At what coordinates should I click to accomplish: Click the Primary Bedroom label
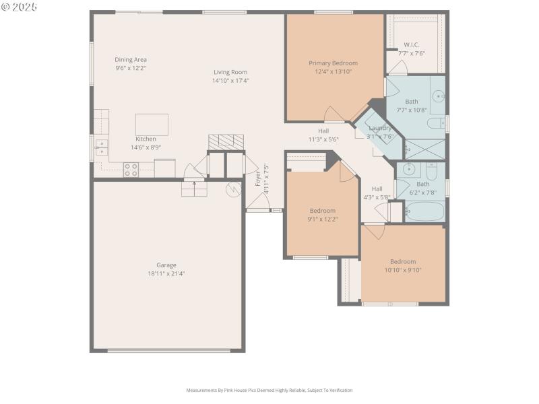tap(333, 63)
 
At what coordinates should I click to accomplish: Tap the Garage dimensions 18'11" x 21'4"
tap(166, 274)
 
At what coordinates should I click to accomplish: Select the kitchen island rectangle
tap(152, 125)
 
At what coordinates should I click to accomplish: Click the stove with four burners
tap(131, 170)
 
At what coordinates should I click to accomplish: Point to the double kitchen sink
tap(101, 147)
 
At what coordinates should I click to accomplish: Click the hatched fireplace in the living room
tap(226, 141)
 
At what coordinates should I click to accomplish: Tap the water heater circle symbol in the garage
tap(233, 190)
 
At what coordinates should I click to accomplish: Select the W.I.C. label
tap(412, 45)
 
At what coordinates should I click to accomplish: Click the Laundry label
tap(380, 128)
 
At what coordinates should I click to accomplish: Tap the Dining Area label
tap(131, 59)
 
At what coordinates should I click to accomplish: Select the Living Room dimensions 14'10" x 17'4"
tap(230, 81)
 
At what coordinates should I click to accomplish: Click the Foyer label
tap(257, 178)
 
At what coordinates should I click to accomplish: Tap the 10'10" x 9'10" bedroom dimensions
tap(403, 270)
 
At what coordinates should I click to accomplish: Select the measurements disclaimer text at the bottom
tap(269, 390)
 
